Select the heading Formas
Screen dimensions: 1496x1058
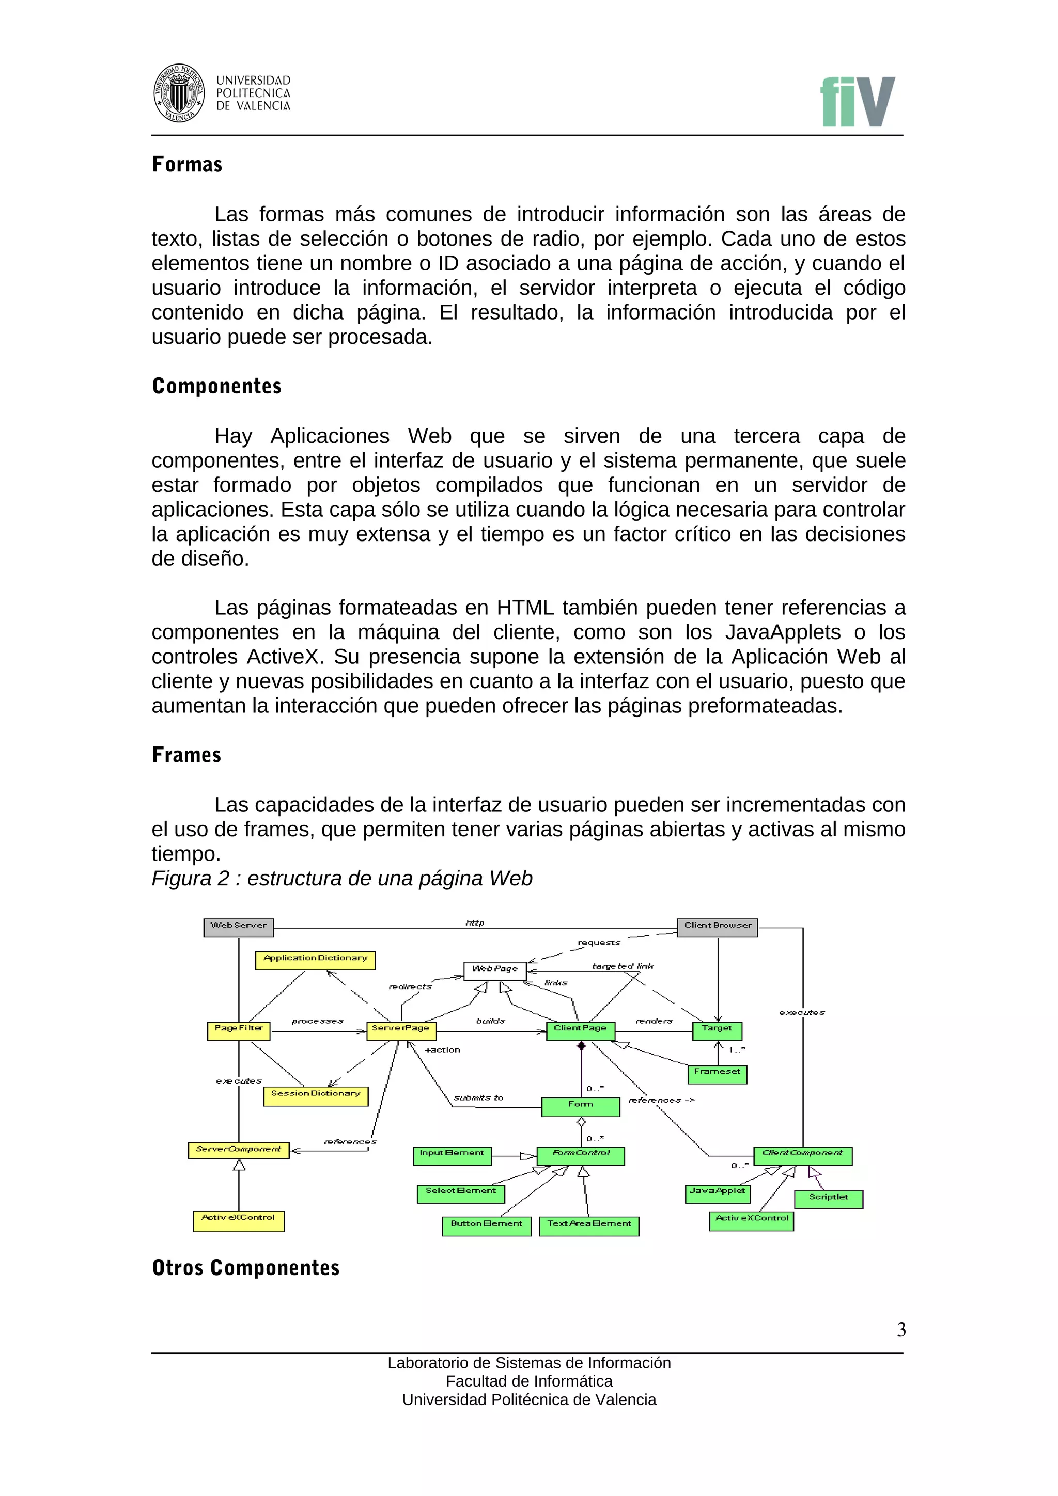click(187, 164)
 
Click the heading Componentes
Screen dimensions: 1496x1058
click(216, 386)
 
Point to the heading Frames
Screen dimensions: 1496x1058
click(186, 755)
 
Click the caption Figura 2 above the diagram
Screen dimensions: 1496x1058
click(341, 878)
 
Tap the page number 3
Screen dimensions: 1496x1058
click(901, 1329)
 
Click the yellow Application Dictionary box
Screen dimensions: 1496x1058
click(315, 960)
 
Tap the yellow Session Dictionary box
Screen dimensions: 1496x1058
click(316, 1095)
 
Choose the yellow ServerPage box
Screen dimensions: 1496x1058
click(401, 1030)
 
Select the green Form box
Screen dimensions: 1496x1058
click(580, 1106)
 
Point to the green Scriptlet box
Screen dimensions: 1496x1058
click(828, 1199)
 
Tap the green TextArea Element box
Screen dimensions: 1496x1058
click(588, 1226)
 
